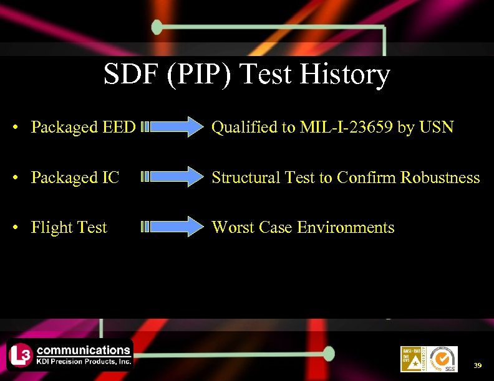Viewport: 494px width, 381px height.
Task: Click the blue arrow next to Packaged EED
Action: [x=170, y=127]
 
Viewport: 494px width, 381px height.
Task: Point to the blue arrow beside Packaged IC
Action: [x=170, y=177]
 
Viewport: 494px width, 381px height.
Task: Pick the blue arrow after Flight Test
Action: [x=170, y=227]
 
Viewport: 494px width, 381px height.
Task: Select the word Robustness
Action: [x=440, y=177]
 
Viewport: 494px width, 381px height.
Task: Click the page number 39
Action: [x=477, y=365]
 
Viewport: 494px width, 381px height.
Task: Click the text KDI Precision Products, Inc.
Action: [x=83, y=360]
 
